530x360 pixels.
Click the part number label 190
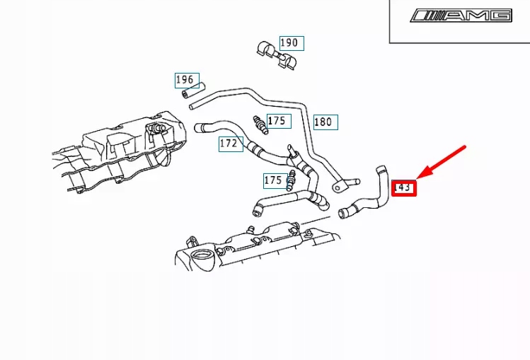point(290,43)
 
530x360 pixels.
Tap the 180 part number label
point(324,122)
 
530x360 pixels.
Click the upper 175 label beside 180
point(277,121)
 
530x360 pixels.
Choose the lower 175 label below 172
point(274,180)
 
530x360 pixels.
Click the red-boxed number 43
point(405,187)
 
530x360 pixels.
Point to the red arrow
point(442,162)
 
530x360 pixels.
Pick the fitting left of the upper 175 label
point(260,124)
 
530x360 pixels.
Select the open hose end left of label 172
point(200,127)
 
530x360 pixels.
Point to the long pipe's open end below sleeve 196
point(193,106)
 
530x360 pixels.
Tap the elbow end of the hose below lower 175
point(258,209)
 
